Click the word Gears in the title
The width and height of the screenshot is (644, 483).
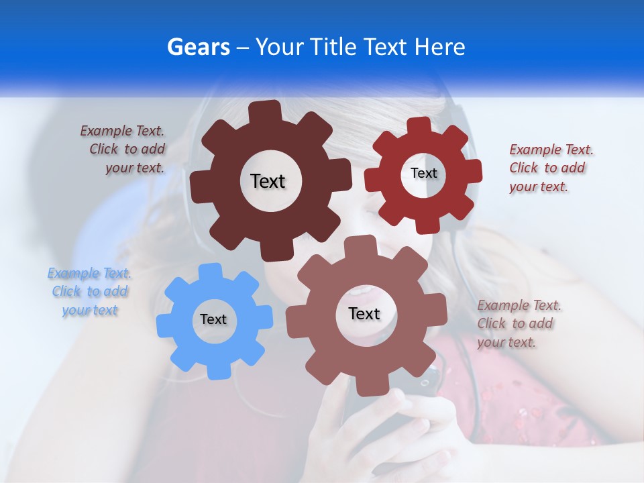[198, 48]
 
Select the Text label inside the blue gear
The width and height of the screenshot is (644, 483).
[213, 320]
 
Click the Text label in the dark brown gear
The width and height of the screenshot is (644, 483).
[268, 181]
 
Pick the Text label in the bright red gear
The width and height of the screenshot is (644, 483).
[423, 173]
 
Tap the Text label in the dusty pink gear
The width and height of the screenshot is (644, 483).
[364, 314]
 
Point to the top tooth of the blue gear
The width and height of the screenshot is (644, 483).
[210, 272]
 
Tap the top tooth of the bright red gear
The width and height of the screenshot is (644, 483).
[419, 126]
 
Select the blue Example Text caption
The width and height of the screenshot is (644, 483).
[89, 292]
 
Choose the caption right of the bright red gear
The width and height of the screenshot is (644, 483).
[550, 168]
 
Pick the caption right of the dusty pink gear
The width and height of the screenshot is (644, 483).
[518, 323]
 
